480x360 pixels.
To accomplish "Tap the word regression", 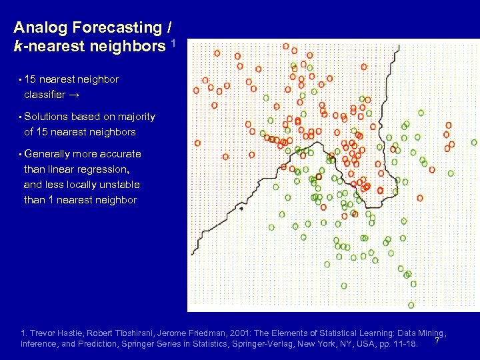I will point(104,169).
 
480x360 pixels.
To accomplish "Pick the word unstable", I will point(118,185).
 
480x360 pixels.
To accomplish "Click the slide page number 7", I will point(437,341).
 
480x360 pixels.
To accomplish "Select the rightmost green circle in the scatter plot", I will point(474,142).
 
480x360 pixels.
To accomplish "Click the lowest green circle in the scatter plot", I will point(411,305).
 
